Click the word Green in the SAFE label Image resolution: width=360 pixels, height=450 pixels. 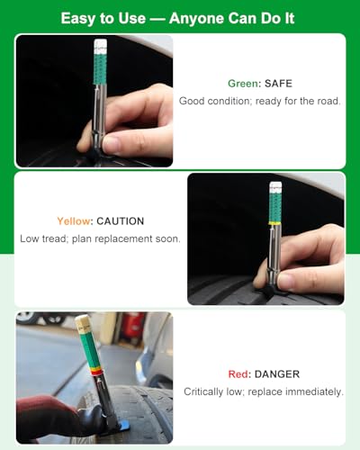[x=243, y=84]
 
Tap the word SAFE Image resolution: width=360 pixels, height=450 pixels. [x=278, y=84]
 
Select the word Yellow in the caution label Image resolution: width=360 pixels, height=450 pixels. [x=74, y=221]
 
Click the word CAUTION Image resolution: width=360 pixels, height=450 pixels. [x=121, y=221]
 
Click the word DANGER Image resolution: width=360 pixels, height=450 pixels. [x=277, y=374]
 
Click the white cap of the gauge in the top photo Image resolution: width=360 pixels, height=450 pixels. [x=101, y=44]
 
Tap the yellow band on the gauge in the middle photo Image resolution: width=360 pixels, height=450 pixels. [x=274, y=223]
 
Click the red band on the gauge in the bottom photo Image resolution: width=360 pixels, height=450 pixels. [x=97, y=373]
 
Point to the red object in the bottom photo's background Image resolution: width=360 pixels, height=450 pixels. [x=133, y=325]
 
